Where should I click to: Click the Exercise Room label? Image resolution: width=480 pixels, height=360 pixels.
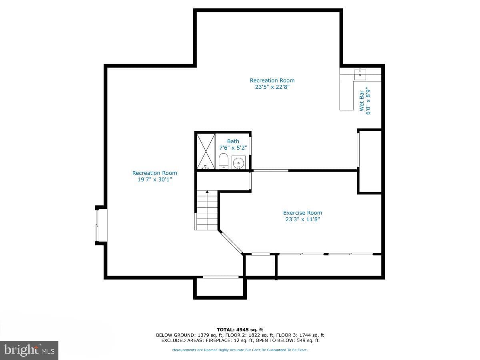click(x=302, y=213)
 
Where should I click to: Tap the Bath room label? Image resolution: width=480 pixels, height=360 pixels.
click(x=233, y=141)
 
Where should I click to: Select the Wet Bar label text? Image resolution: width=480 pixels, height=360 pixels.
click(x=362, y=101)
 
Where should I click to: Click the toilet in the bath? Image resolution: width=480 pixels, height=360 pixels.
click(x=223, y=161)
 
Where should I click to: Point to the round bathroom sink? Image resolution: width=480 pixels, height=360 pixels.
click(x=238, y=163)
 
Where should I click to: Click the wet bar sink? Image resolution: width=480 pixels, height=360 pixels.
click(x=360, y=74)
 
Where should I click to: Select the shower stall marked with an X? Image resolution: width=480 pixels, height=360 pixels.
click(x=206, y=152)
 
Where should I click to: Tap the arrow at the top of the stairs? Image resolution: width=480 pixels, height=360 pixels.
click(x=207, y=192)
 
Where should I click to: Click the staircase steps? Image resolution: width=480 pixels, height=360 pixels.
click(x=207, y=210)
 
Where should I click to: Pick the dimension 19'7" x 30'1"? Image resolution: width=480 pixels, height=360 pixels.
click(x=155, y=180)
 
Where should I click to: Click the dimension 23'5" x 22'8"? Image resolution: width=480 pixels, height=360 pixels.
click(x=272, y=87)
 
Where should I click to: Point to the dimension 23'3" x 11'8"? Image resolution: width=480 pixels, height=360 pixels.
click(x=302, y=219)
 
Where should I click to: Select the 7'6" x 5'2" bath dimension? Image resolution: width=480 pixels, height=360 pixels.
click(x=233, y=148)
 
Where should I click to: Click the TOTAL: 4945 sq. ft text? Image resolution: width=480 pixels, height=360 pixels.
click(x=240, y=329)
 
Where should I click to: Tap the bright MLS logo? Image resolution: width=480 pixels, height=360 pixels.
click(x=29, y=350)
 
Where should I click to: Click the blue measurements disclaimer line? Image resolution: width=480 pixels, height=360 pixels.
click(x=240, y=350)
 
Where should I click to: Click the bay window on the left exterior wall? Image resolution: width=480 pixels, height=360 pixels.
click(x=101, y=225)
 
